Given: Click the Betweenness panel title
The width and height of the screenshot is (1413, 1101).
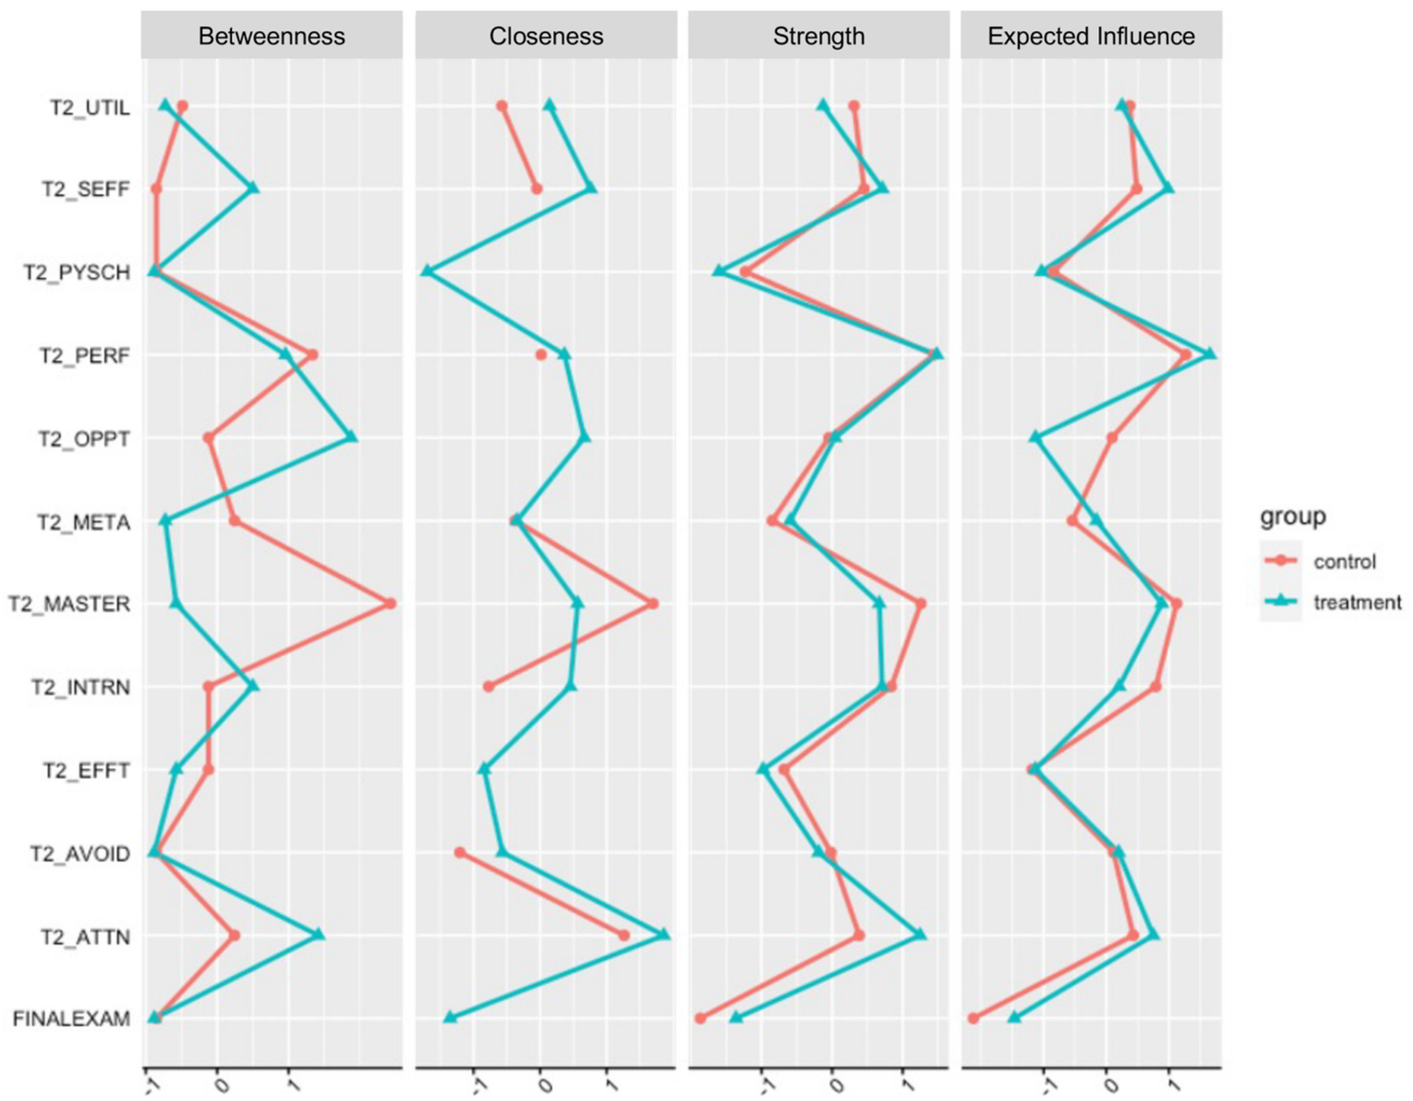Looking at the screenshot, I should point(272,36).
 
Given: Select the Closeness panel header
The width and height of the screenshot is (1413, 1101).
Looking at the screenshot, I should point(546,36).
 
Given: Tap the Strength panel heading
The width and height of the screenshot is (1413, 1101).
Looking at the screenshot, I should point(818,36).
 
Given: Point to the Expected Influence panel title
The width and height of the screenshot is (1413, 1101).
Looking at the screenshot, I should point(1091,36).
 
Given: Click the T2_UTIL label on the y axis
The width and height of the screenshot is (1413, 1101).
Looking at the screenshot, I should point(89,108).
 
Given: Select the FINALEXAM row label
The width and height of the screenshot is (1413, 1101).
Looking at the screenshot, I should point(71,1019).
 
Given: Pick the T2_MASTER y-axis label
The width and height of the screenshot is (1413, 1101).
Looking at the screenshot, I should point(69,604).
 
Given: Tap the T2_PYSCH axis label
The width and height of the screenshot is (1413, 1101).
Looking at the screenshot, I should point(76,273).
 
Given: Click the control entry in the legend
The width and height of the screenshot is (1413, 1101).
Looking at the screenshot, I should point(1344,562).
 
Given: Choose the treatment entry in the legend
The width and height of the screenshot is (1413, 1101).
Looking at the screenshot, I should point(1357,603).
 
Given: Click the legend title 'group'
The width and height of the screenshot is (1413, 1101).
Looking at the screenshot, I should point(1292,516).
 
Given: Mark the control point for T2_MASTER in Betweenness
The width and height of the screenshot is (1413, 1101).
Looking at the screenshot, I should point(390,604).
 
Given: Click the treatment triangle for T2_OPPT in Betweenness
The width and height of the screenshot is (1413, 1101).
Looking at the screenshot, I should point(351,437).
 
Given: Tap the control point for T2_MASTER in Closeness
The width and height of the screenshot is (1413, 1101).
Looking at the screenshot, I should point(653,604).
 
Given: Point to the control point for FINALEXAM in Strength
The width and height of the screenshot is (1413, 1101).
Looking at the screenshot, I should point(701,1018).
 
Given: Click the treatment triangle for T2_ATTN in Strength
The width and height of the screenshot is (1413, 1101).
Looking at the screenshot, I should point(920,934).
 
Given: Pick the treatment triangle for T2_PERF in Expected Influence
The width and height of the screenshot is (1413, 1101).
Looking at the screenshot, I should point(1210,353).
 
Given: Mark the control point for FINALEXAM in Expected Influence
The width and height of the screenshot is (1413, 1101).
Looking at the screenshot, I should point(974,1018).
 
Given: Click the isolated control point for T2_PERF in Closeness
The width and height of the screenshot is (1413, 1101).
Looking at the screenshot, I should point(541,354).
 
